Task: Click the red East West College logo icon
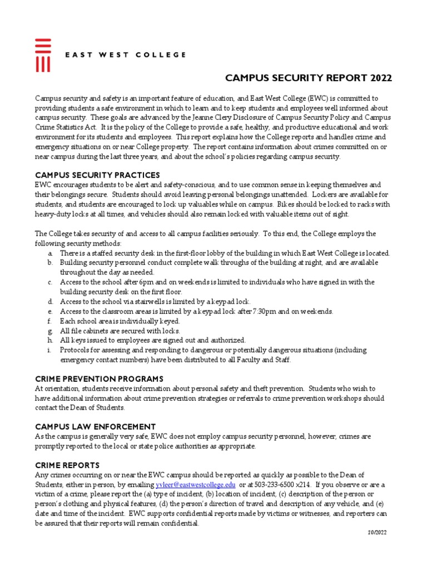click(x=43, y=55)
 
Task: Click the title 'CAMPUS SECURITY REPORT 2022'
click(x=308, y=78)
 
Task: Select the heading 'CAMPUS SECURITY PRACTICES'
click(x=97, y=175)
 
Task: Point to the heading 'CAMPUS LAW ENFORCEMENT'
click(x=95, y=426)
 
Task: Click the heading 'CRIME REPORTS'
click(x=67, y=465)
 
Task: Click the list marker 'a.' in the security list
click(x=51, y=253)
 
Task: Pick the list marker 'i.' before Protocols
click(x=50, y=350)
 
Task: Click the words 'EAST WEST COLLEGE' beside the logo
click(x=126, y=55)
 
